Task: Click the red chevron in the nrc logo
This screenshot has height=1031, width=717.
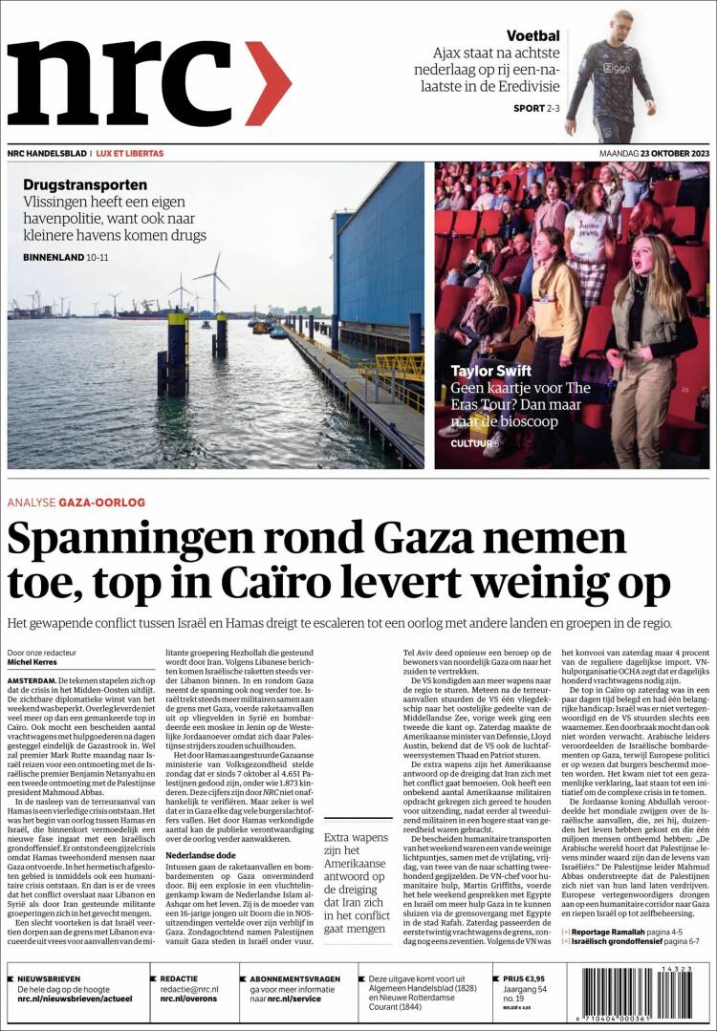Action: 268,84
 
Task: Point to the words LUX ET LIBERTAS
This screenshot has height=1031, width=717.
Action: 130,153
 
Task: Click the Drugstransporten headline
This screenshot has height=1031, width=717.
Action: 85,184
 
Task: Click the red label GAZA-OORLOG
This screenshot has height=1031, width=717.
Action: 101,502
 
